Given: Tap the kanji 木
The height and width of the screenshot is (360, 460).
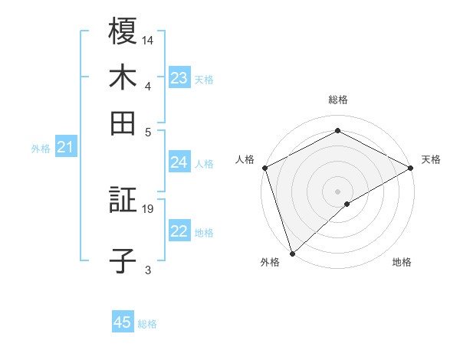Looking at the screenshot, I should coord(123,78).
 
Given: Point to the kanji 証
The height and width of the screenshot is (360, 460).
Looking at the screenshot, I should coord(123,201).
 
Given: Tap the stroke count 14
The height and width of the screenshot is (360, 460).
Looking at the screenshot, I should coord(149,39).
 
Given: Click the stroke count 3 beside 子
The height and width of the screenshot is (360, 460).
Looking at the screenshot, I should coord(148,270).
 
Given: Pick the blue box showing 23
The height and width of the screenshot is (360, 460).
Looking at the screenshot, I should coord(179,78).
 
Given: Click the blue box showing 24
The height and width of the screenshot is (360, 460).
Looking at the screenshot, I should coord(179,162).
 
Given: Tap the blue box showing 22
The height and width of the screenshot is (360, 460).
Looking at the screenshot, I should coord(179,232).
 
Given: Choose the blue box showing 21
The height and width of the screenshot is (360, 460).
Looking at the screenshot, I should coord(65,147).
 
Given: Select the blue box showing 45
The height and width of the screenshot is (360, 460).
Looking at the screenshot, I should coord(123,322).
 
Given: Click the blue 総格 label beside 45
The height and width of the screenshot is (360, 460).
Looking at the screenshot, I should coord(147,324).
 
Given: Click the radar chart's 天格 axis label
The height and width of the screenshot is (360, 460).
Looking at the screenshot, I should coord(431,159).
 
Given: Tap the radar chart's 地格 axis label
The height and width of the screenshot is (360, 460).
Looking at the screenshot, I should coord(402,262).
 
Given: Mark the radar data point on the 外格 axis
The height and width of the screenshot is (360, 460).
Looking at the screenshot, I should coord(291,253).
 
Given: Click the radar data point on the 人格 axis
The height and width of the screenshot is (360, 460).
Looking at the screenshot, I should coord(264,168).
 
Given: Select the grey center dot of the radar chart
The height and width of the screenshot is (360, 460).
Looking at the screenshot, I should coord(337,191).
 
